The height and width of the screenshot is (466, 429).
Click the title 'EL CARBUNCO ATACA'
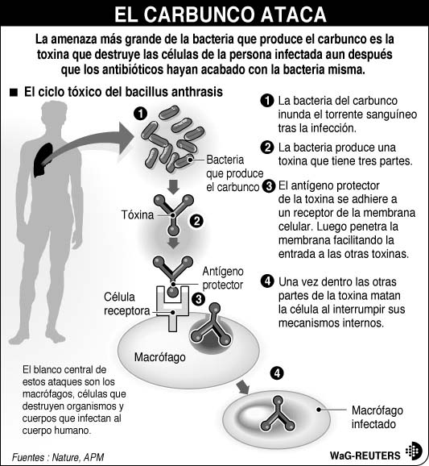click(214, 15)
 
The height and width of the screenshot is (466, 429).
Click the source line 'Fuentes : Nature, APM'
click(58, 456)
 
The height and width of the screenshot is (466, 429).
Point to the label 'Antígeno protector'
click(221, 279)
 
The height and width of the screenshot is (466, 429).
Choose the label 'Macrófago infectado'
click(377, 416)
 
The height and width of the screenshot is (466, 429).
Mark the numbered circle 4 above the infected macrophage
click(277, 372)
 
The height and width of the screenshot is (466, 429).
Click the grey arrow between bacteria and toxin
click(172, 187)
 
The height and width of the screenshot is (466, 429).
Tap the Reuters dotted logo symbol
click(413, 452)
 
